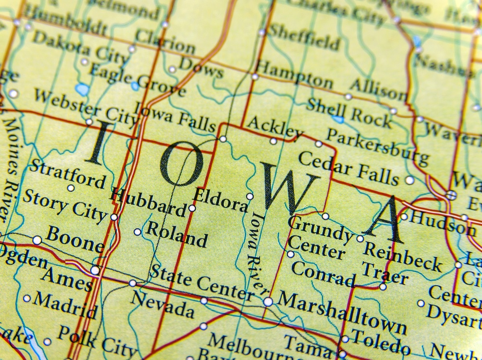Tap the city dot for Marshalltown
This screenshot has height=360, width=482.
coord(268,301)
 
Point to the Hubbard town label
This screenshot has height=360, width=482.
coord(148,203)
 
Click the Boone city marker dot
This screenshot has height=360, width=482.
coord(37,240)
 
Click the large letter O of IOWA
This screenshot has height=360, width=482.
coord(181,165)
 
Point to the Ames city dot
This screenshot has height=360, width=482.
coord(95,270)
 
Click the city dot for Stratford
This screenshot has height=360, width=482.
coord(71,188)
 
